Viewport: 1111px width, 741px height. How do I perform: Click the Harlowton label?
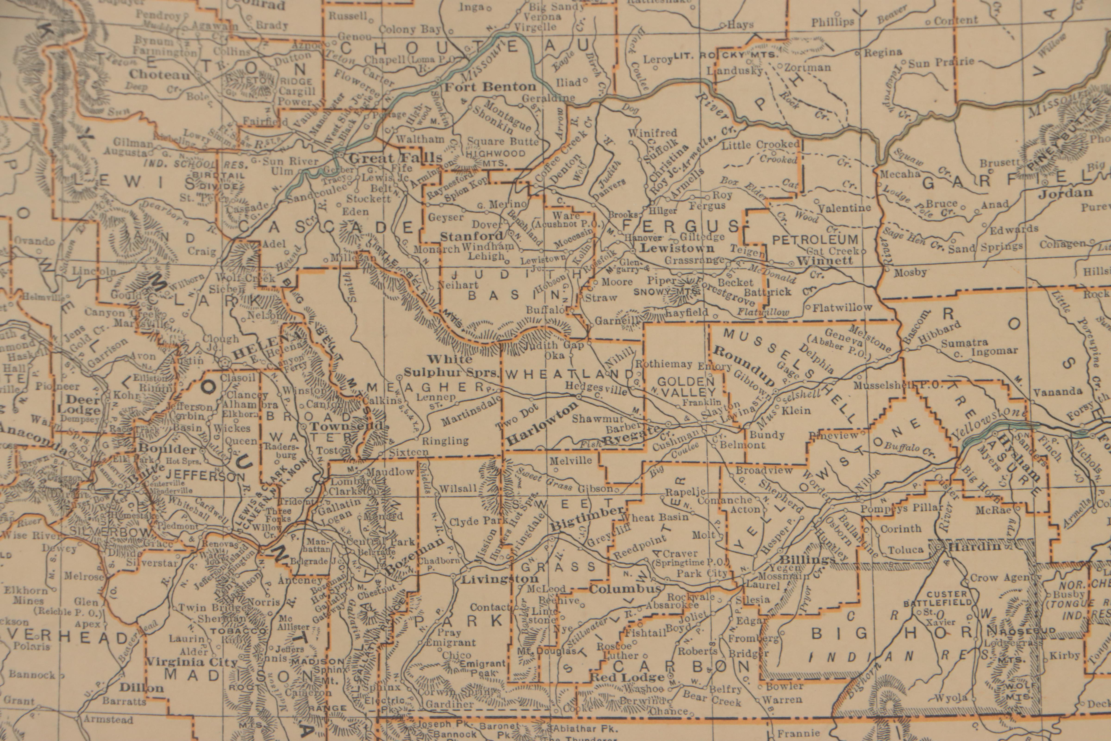tap(542, 424)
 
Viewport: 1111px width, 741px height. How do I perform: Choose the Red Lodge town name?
tap(628, 677)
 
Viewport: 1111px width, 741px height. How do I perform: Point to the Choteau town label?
tap(160, 75)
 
